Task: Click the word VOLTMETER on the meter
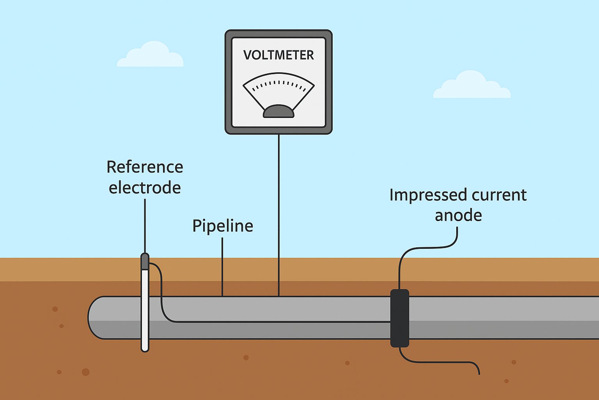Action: [x=278, y=55]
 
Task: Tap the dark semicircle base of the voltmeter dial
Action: [x=278, y=112]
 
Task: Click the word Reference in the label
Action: [x=145, y=167]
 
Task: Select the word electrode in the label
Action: [x=145, y=188]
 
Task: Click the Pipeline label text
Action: [x=223, y=226]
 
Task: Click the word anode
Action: [x=458, y=216]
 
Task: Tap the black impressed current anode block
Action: [x=400, y=318]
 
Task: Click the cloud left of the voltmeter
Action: [x=150, y=55]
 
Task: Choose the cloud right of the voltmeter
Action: [x=471, y=86]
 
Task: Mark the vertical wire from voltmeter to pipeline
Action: [x=278, y=215]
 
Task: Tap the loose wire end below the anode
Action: [x=478, y=373]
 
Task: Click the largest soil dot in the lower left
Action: [x=86, y=372]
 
